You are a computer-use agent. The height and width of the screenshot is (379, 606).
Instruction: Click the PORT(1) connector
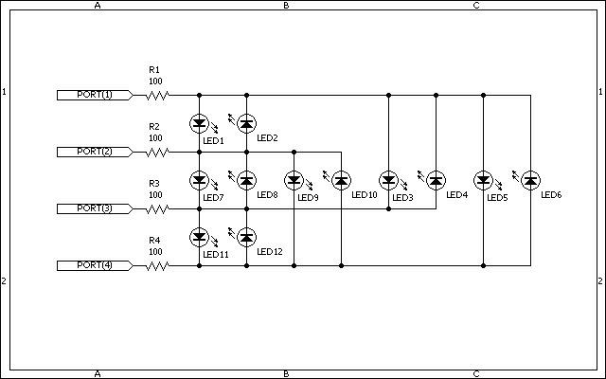pos(95,95)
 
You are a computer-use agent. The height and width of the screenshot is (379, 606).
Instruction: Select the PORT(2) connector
pos(95,152)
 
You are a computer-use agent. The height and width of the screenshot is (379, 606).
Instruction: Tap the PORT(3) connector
pos(95,208)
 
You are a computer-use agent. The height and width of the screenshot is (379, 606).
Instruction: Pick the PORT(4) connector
pos(95,265)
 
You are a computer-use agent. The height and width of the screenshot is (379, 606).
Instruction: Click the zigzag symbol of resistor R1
pos(157,95)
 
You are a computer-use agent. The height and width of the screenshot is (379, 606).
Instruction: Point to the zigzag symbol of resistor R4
pos(157,265)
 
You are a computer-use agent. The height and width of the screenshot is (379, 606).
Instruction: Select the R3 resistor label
pos(154,183)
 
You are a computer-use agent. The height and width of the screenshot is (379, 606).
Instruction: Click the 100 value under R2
pos(155,138)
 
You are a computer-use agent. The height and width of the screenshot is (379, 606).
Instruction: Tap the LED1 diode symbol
pos(200,123)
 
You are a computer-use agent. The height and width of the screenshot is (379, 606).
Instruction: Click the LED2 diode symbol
pos(246,123)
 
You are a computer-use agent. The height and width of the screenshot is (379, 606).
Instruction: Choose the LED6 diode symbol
pos(530,180)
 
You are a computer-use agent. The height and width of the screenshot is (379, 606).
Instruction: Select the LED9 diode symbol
pos(294,180)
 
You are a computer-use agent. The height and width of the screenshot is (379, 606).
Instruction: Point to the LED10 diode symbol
pos(341,180)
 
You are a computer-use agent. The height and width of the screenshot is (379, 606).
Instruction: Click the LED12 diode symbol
pos(246,237)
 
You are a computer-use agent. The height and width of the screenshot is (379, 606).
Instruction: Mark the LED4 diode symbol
pos(436,180)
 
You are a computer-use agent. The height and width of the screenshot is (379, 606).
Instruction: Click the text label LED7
pos(213,198)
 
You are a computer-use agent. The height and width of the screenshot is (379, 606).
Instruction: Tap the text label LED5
pos(497,198)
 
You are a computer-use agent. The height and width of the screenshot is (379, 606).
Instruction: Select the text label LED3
pos(402,198)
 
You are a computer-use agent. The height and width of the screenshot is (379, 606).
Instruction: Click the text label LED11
pos(216,255)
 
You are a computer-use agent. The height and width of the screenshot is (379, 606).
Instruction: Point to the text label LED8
pos(267,194)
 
